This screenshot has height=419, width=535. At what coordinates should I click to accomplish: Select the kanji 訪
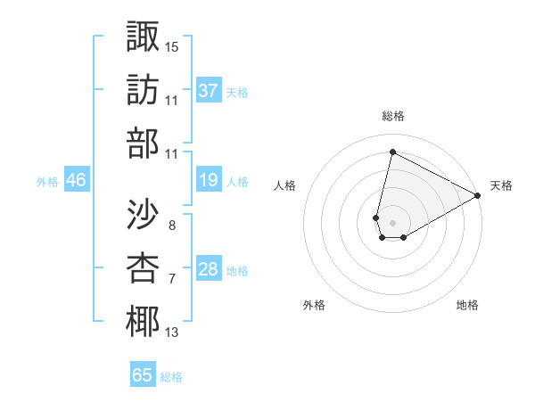coord(143,90)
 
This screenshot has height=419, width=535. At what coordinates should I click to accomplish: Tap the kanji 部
coord(143,144)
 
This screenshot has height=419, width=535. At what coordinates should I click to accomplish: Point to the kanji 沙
coord(143,213)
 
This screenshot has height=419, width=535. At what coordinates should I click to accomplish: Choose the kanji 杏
coord(143,267)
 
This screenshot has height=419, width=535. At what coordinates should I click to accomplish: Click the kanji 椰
coord(143,322)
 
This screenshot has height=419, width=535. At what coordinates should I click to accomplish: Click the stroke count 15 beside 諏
coord(172,46)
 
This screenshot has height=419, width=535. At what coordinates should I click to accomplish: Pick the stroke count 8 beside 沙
coord(171,225)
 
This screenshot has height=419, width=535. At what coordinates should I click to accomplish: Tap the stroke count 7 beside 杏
coord(171,279)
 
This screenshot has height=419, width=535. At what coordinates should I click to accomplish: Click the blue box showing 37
coord(209,90)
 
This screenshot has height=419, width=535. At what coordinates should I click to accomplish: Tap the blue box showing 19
coord(209,180)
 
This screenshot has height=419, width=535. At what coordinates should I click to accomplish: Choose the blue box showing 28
coord(209,269)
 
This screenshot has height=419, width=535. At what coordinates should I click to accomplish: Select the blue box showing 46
coord(76,180)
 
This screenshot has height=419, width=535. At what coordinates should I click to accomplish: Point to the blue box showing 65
coord(143,375)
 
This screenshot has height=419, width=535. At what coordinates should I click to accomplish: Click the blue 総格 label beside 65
coord(171,377)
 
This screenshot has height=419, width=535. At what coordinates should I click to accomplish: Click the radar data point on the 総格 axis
coord(392,152)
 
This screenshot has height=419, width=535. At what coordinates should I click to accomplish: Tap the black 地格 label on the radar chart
coord(467,305)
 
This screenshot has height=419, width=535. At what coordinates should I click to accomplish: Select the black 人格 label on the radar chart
coord(284,185)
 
